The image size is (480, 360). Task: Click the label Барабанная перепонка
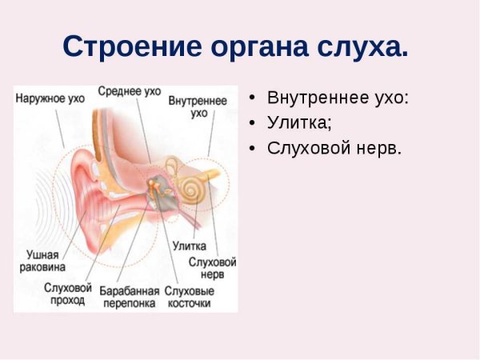coord(129,297)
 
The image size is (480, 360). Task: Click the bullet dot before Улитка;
coord(253,124)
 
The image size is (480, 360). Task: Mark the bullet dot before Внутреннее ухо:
coord(253,98)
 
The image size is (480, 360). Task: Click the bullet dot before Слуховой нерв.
coord(253,149)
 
